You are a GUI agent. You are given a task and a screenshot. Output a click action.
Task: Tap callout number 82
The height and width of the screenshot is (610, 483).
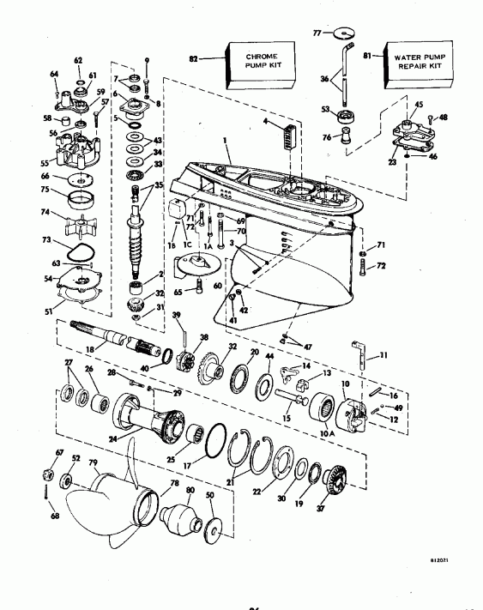[x=194, y=58]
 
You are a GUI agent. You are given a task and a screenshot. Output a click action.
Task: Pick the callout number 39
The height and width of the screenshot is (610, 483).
[x=177, y=316]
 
